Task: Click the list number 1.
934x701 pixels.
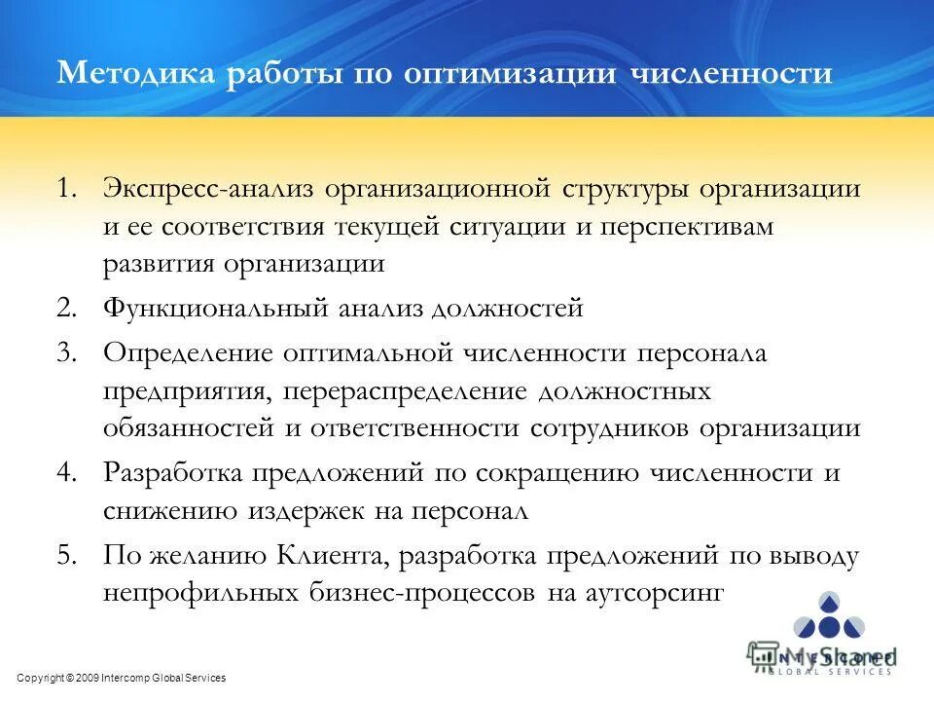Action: point(67,188)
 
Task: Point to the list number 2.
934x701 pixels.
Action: point(67,309)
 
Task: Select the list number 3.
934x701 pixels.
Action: point(67,352)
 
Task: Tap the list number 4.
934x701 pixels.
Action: point(67,473)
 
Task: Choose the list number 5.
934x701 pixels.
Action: point(67,556)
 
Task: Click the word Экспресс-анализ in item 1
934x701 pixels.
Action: point(208,188)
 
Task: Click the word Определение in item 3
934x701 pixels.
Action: point(187,352)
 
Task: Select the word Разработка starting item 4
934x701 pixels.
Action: point(174,473)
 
